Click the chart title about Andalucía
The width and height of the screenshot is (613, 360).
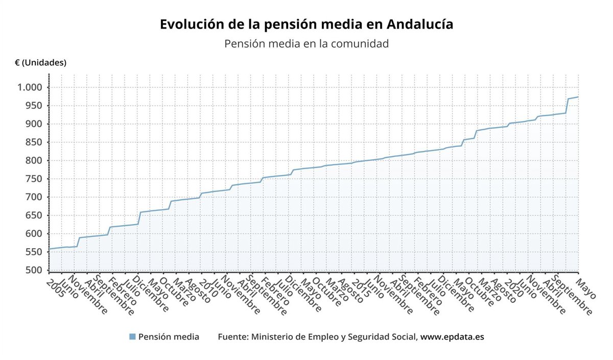(x=306, y=24)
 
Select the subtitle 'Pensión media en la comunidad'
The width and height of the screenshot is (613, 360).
(x=306, y=43)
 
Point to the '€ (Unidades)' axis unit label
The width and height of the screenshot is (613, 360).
(x=41, y=63)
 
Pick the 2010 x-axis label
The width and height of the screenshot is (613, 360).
(x=207, y=291)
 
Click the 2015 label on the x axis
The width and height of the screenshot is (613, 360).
(x=360, y=291)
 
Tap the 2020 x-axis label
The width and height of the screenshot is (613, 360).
(x=512, y=291)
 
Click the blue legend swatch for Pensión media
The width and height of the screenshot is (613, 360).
(x=132, y=337)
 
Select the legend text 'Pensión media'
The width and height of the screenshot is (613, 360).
(x=169, y=337)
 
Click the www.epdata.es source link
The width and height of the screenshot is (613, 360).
(x=452, y=337)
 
